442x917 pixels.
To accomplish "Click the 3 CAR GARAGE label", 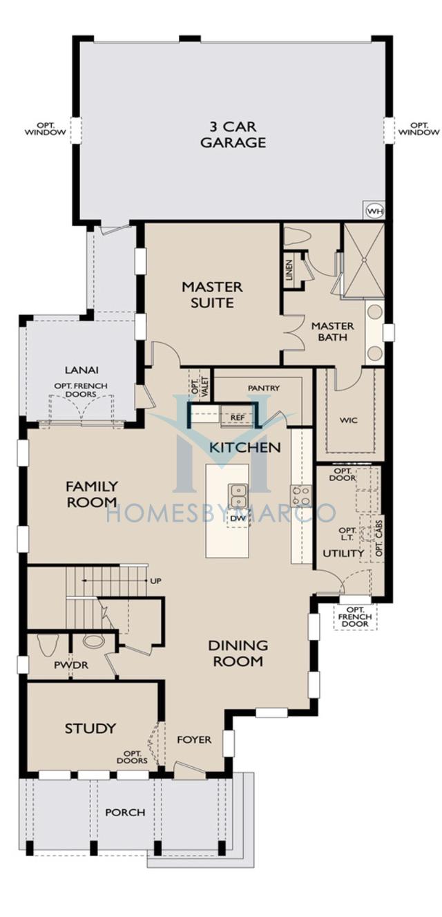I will (233, 135).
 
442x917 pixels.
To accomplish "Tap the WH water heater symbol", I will (374, 211).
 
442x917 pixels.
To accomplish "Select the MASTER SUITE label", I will (212, 294).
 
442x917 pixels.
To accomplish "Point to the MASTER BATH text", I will (332, 332).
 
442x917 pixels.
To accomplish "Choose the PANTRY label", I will (263, 388).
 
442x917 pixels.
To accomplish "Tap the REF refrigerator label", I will (237, 417).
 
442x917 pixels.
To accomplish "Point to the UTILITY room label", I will (343, 554).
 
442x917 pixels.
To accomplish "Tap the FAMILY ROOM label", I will (92, 494).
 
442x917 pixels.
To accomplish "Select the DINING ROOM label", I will (238, 653).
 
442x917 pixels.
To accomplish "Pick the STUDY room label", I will (90, 728).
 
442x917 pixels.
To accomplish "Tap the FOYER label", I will (194, 739).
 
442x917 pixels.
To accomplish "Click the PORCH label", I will (125, 812).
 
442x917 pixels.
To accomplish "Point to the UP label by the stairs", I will (155, 580).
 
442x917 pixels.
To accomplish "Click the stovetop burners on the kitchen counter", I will (300, 495).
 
